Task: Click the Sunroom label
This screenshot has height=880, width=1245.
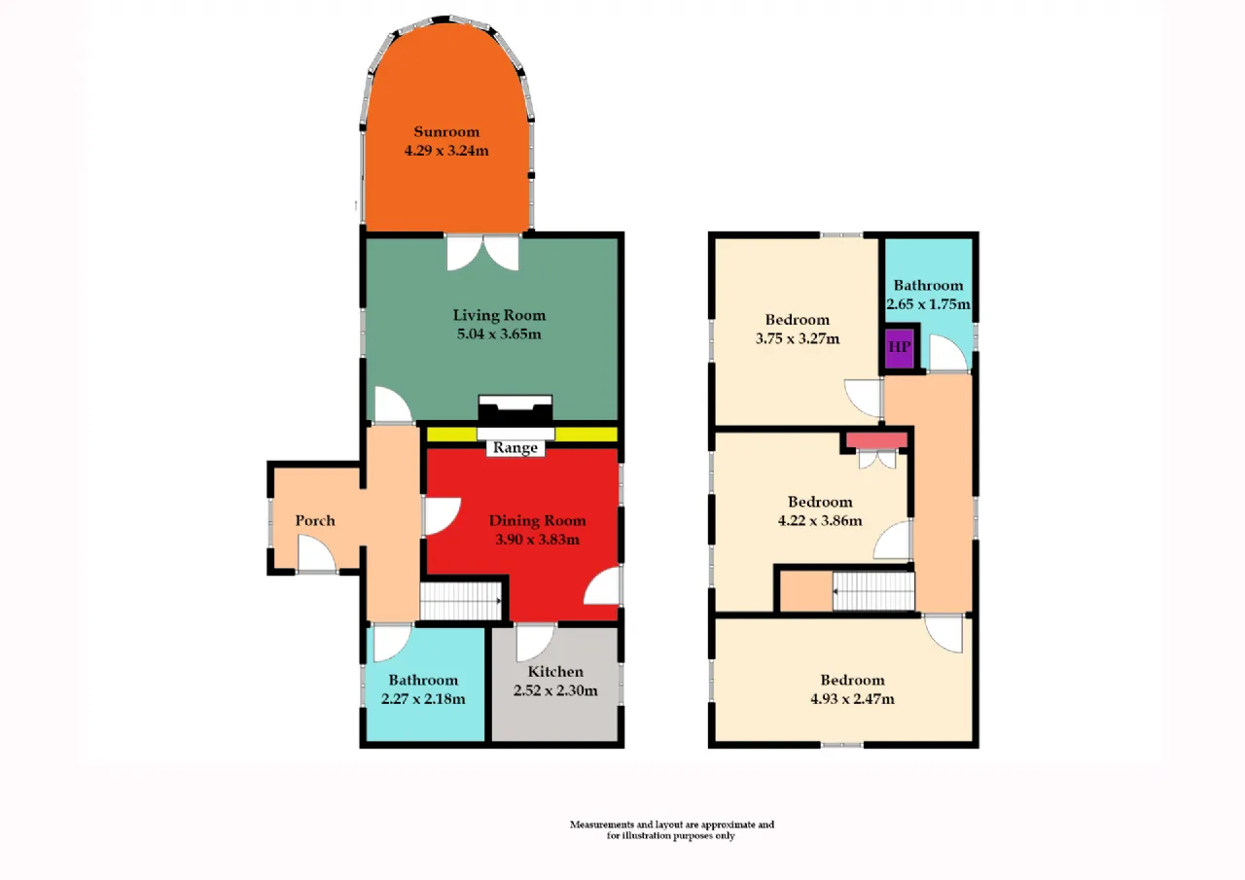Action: [x=446, y=131]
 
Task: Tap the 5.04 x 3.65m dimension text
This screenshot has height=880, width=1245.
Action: [x=499, y=334]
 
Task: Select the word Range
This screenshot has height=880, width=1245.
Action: [x=516, y=447]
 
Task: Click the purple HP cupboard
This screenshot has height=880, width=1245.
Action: [x=900, y=348]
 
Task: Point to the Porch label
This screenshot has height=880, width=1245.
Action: [x=315, y=520]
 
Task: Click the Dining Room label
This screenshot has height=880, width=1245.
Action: [x=538, y=520]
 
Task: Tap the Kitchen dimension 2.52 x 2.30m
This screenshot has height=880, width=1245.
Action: [x=555, y=690]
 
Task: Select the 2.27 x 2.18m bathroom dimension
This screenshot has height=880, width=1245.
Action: [x=423, y=699]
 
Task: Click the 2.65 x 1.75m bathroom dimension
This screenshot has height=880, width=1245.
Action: [x=928, y=304]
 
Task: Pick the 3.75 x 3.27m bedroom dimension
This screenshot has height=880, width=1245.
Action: [x=798, y=339]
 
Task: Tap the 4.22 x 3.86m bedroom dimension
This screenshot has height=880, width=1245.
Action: [x=820, y=521]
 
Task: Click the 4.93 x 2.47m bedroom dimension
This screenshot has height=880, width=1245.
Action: [x=853, y=699]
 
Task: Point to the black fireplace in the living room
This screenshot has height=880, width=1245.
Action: [x=516, y=412]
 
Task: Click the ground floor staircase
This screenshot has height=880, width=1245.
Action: [x=461, y=601]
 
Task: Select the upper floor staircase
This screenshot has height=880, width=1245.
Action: [x=873, y=591]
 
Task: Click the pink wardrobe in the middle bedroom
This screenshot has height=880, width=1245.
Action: [x=877, y=440]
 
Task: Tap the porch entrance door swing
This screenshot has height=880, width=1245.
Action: [x=317, y=553]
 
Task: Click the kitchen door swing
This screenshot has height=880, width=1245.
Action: [x=536, y=642]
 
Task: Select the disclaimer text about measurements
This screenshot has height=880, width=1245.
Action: [x=671, y=830]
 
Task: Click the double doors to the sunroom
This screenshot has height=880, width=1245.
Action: [x=483, y=253]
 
